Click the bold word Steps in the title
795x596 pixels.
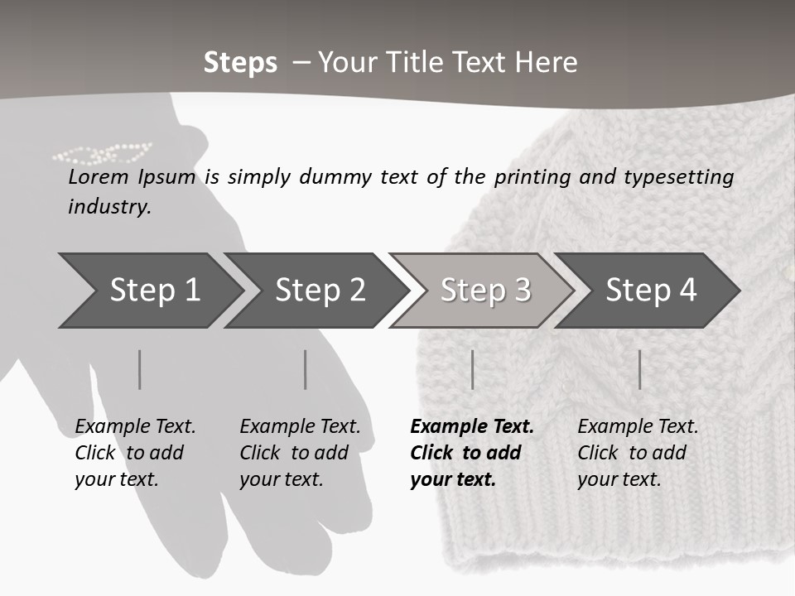point(240,63)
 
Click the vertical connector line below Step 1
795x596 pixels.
point(140,369)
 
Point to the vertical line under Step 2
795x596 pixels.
point(306,369)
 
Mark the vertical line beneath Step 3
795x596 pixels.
point(472,369)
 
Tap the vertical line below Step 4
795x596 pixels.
point(639,369)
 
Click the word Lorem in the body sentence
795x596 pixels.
point(99,176)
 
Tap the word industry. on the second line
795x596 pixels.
point(109,207)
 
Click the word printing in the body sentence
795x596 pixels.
point(530,177)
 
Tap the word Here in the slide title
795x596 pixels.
point(547,63)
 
